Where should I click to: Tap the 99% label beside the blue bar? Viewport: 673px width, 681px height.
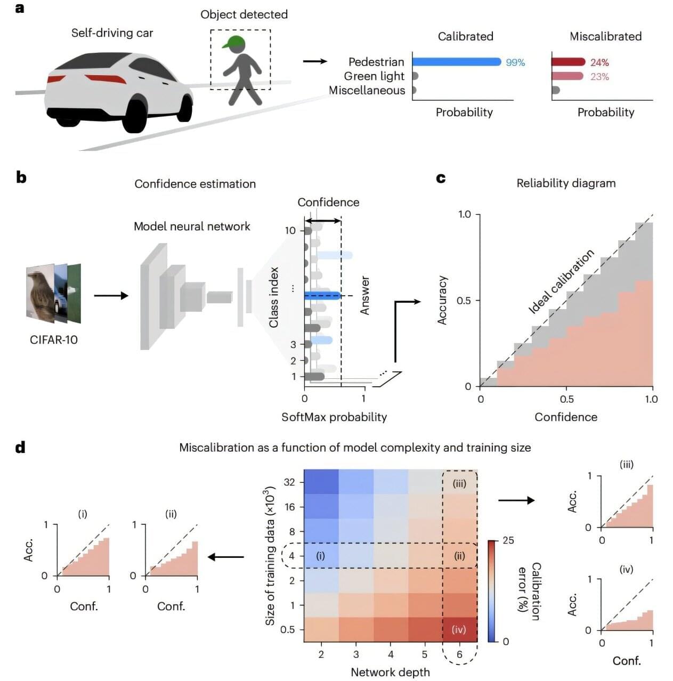tap(515, 62)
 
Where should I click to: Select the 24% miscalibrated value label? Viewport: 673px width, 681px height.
tap(599, 62)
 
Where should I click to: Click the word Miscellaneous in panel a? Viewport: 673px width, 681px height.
tap(367, 91)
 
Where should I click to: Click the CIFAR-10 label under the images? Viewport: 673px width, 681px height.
tap(54, 340)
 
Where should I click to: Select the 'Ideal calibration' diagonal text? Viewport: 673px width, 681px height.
tap(561, 281)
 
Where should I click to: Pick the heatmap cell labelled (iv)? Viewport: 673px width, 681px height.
tap(459, 629)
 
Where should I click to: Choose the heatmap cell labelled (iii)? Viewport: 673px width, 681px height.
tap(459, 483)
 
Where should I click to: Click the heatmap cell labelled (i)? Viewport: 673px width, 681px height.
tap(320, 556)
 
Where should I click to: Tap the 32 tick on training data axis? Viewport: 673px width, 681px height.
tap(289, 482)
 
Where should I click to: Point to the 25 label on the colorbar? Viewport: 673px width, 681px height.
tap(508, 540)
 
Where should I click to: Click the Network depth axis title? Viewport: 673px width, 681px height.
tap(390, 672)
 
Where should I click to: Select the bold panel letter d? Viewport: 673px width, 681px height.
tap(20, 447)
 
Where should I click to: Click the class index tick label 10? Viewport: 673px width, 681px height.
tap(290, 230)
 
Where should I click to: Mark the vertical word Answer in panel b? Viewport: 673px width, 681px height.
tap(365, 295)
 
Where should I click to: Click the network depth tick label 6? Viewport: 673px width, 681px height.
tap(459, 654)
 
